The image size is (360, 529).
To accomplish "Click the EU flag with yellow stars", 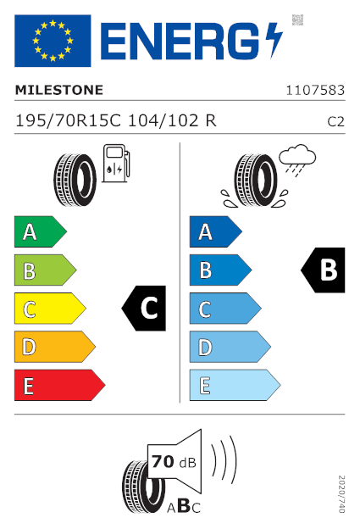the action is pos(53,41).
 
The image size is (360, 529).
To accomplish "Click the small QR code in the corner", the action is pos(297,19).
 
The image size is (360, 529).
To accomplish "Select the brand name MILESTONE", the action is pos(59,90).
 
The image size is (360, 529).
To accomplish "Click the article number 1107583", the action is pos(315,91).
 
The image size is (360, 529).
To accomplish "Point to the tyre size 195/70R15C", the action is pos(68,120).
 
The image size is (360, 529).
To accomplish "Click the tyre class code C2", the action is pos(335,122).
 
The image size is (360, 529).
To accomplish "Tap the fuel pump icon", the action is pos(116,164).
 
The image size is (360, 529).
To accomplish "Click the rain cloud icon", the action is pos(297,160).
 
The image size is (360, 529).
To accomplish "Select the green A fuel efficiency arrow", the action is pos(41,231).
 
